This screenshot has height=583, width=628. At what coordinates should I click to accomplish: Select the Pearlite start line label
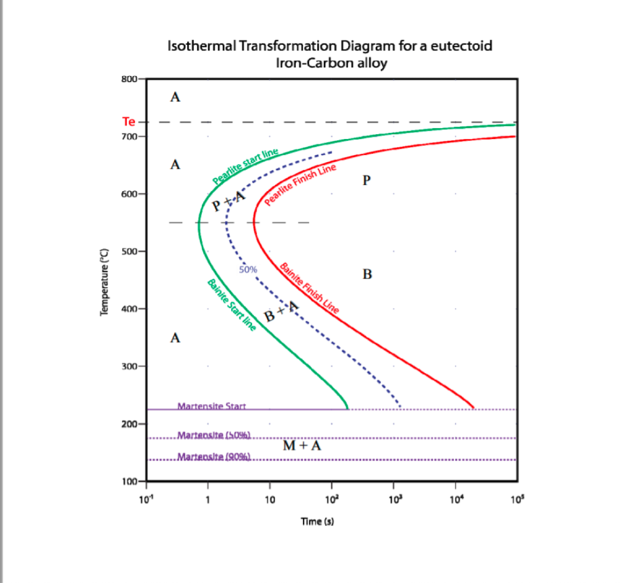(245, 166)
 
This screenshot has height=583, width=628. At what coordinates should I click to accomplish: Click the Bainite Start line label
(231, 304)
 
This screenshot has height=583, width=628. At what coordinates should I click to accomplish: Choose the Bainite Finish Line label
(309, 288)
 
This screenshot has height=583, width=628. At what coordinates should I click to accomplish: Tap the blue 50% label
(248, 269)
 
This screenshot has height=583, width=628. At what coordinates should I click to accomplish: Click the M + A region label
(302, 445)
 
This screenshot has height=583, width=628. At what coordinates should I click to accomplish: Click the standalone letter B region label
(367, 274)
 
